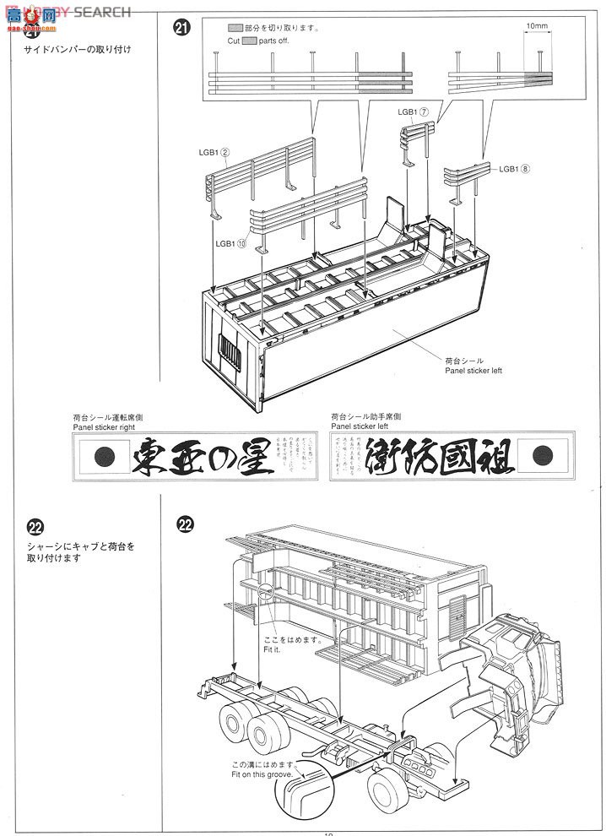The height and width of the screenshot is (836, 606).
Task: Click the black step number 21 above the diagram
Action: point(181,28)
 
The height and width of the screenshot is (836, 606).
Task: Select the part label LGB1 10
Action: point(230,244)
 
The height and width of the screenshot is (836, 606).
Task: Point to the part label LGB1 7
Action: point(414,111)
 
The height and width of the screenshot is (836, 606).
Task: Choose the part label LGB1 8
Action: point(513,169)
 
